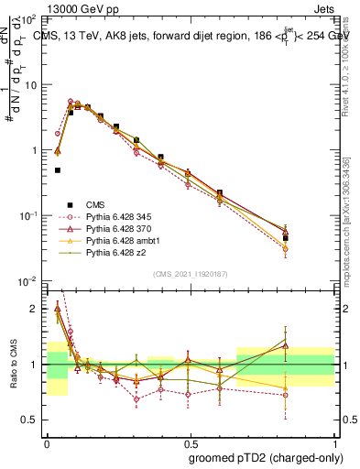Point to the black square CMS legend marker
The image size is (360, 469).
tap(67, 204)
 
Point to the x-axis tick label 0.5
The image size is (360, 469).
tap(190, 441)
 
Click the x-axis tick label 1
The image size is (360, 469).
tap(333, 441)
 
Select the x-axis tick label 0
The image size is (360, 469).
tap(47, 441)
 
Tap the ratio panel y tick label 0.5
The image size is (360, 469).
tap(32, 420)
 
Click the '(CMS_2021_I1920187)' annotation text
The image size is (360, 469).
tap(190, 273)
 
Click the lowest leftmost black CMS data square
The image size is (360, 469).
tap(57, 170)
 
